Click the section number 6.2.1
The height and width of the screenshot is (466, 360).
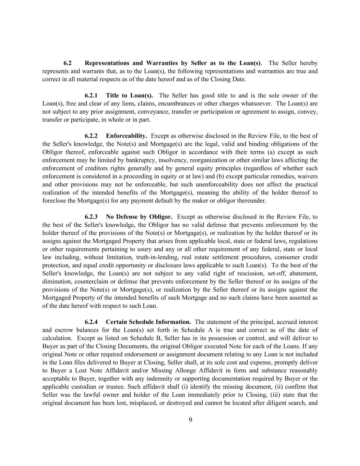91,95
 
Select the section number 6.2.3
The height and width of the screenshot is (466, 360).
91,217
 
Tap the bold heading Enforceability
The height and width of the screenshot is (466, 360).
126,136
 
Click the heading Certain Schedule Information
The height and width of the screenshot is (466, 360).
148,322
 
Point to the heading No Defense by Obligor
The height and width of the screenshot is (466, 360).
139,217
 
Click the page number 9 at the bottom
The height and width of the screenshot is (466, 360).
190,420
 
